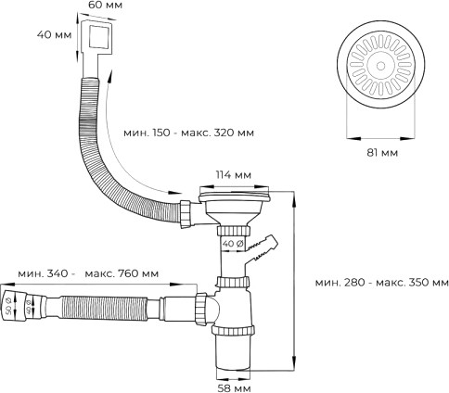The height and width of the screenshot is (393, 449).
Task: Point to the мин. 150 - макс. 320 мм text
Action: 188,132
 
